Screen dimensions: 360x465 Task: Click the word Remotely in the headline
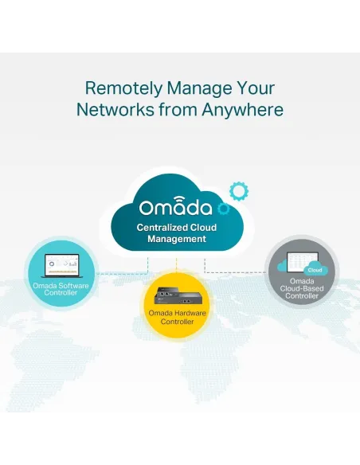coord(123,88)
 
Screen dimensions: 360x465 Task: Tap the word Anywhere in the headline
coord(243,110)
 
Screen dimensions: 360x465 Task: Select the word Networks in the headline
coord(115,109)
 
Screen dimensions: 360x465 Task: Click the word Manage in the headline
coord(199,89)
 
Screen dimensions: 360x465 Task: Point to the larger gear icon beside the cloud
coord(239,191)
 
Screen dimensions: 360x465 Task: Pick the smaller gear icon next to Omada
coord(223,209)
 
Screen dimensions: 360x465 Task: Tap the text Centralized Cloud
coord(177,228)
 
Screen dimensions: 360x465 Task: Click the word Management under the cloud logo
coord(177,239)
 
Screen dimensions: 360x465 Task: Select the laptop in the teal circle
coord(62,266)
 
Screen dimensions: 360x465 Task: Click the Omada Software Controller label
coord(61,289)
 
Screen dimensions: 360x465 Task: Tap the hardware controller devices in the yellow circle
coord(177,295)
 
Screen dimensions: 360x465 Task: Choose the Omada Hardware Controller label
coord(177,318)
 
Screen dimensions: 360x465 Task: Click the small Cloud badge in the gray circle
coord(315,270)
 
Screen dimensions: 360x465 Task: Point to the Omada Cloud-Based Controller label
coord(302,288)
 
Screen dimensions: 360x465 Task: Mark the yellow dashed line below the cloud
coord(177,264)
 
